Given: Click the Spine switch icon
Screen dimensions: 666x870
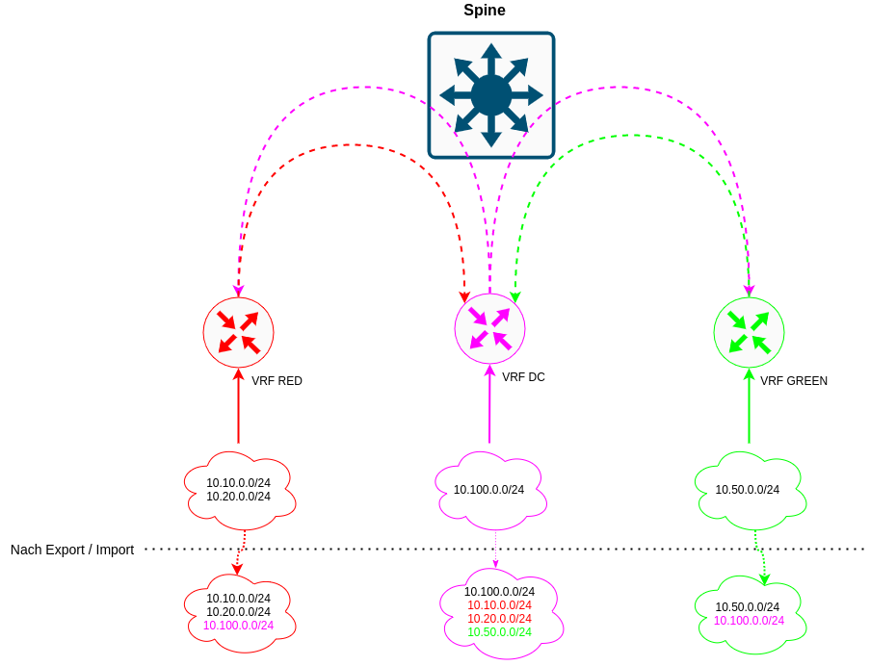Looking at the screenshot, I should [x=491, y=95].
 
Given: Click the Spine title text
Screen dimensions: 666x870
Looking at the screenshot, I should [x=485, y=11].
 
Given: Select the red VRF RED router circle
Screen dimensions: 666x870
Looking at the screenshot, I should [x=238, y=332].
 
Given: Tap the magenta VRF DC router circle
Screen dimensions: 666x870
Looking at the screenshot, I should [x=489, y=328].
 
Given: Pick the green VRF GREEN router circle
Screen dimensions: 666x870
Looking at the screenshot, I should [x=749, y=332].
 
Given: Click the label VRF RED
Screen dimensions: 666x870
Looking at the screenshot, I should [x=277, y=381].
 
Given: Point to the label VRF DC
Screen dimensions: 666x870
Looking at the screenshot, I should [x=523, y=377].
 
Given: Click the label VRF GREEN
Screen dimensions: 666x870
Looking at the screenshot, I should [x=793, y=381].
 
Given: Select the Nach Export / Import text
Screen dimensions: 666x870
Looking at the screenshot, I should [x=72, y=550].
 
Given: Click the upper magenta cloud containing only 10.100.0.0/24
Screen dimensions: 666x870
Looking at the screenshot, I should [x=488, y=490].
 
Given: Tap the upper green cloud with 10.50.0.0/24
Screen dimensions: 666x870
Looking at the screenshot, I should [x=748, y=490].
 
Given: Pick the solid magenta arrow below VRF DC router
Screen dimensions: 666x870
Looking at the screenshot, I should [x=489, y=404].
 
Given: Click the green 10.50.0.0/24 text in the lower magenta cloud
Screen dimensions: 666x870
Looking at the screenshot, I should [x=499, y=632].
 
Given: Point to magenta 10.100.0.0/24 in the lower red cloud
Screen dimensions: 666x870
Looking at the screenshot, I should [x=238, y=625].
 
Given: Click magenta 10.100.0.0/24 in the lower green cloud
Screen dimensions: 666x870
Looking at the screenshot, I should [x=749, y=620].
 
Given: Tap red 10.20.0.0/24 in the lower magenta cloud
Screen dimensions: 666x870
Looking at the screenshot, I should [x=499, y=619].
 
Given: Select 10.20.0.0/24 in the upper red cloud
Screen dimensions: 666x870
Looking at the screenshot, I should [x=238, y=497].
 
